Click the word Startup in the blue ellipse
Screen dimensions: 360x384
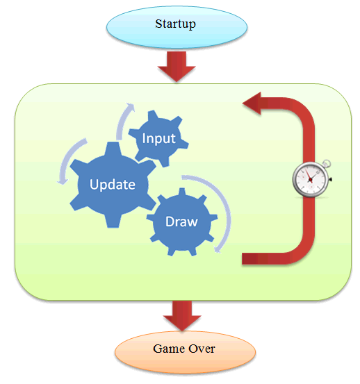[x=175, y=24]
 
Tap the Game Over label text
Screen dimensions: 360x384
[x=183, y=349]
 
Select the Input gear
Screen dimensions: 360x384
[x=158, y=138]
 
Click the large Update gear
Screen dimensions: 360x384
[x=113, y=185]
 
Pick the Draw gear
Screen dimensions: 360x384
[x=182, y=222]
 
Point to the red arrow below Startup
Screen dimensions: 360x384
[x=177, y=66]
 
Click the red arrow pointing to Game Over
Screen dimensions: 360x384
[x=182, y=315]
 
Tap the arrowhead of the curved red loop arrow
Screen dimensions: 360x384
[x=252, y=103]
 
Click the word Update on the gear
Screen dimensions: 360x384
[x=113, y=185]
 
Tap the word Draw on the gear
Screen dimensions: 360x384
[x=181, y=222]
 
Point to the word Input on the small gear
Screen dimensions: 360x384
[x=158, y=139]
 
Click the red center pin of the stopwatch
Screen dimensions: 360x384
[x=311, y=180]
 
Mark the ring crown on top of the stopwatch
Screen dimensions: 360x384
[x=327, y=163]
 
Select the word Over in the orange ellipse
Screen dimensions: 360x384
[x=202, y=349]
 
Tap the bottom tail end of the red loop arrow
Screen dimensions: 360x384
[x=243, y=258]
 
